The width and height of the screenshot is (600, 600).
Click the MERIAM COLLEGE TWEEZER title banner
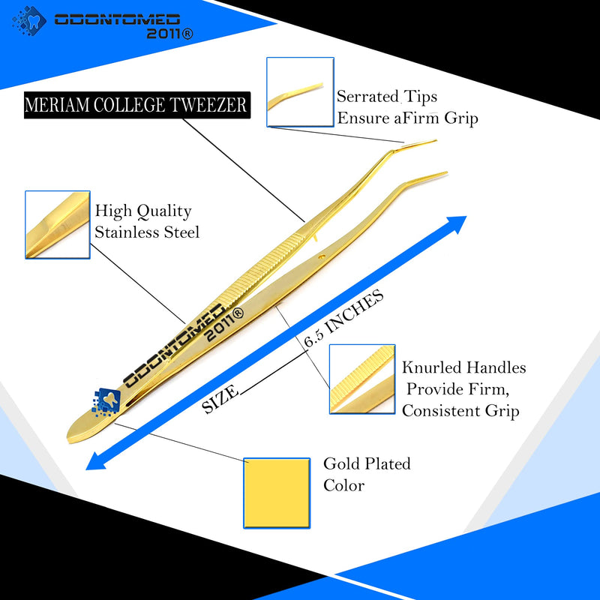point(137,105)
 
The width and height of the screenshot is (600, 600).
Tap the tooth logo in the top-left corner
point(29,21)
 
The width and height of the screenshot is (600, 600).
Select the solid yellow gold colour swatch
point(277,493)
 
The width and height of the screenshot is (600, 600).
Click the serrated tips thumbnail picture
point(301,91)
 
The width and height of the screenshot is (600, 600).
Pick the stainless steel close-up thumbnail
point(58,224)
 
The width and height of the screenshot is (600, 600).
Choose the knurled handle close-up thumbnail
point(362,379)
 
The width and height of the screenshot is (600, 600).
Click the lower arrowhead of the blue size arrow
point(96,461)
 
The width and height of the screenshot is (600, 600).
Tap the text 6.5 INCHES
point(344,318)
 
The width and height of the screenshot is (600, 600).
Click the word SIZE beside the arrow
point(220,400)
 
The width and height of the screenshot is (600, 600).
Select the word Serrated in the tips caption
point(367,97)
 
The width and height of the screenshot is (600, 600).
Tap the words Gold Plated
point(367,463)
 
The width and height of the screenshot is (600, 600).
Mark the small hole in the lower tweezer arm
point(322,256)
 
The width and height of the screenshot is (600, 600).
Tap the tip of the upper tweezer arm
point(436,141)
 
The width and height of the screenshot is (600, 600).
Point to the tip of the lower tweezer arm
point(445,173)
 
